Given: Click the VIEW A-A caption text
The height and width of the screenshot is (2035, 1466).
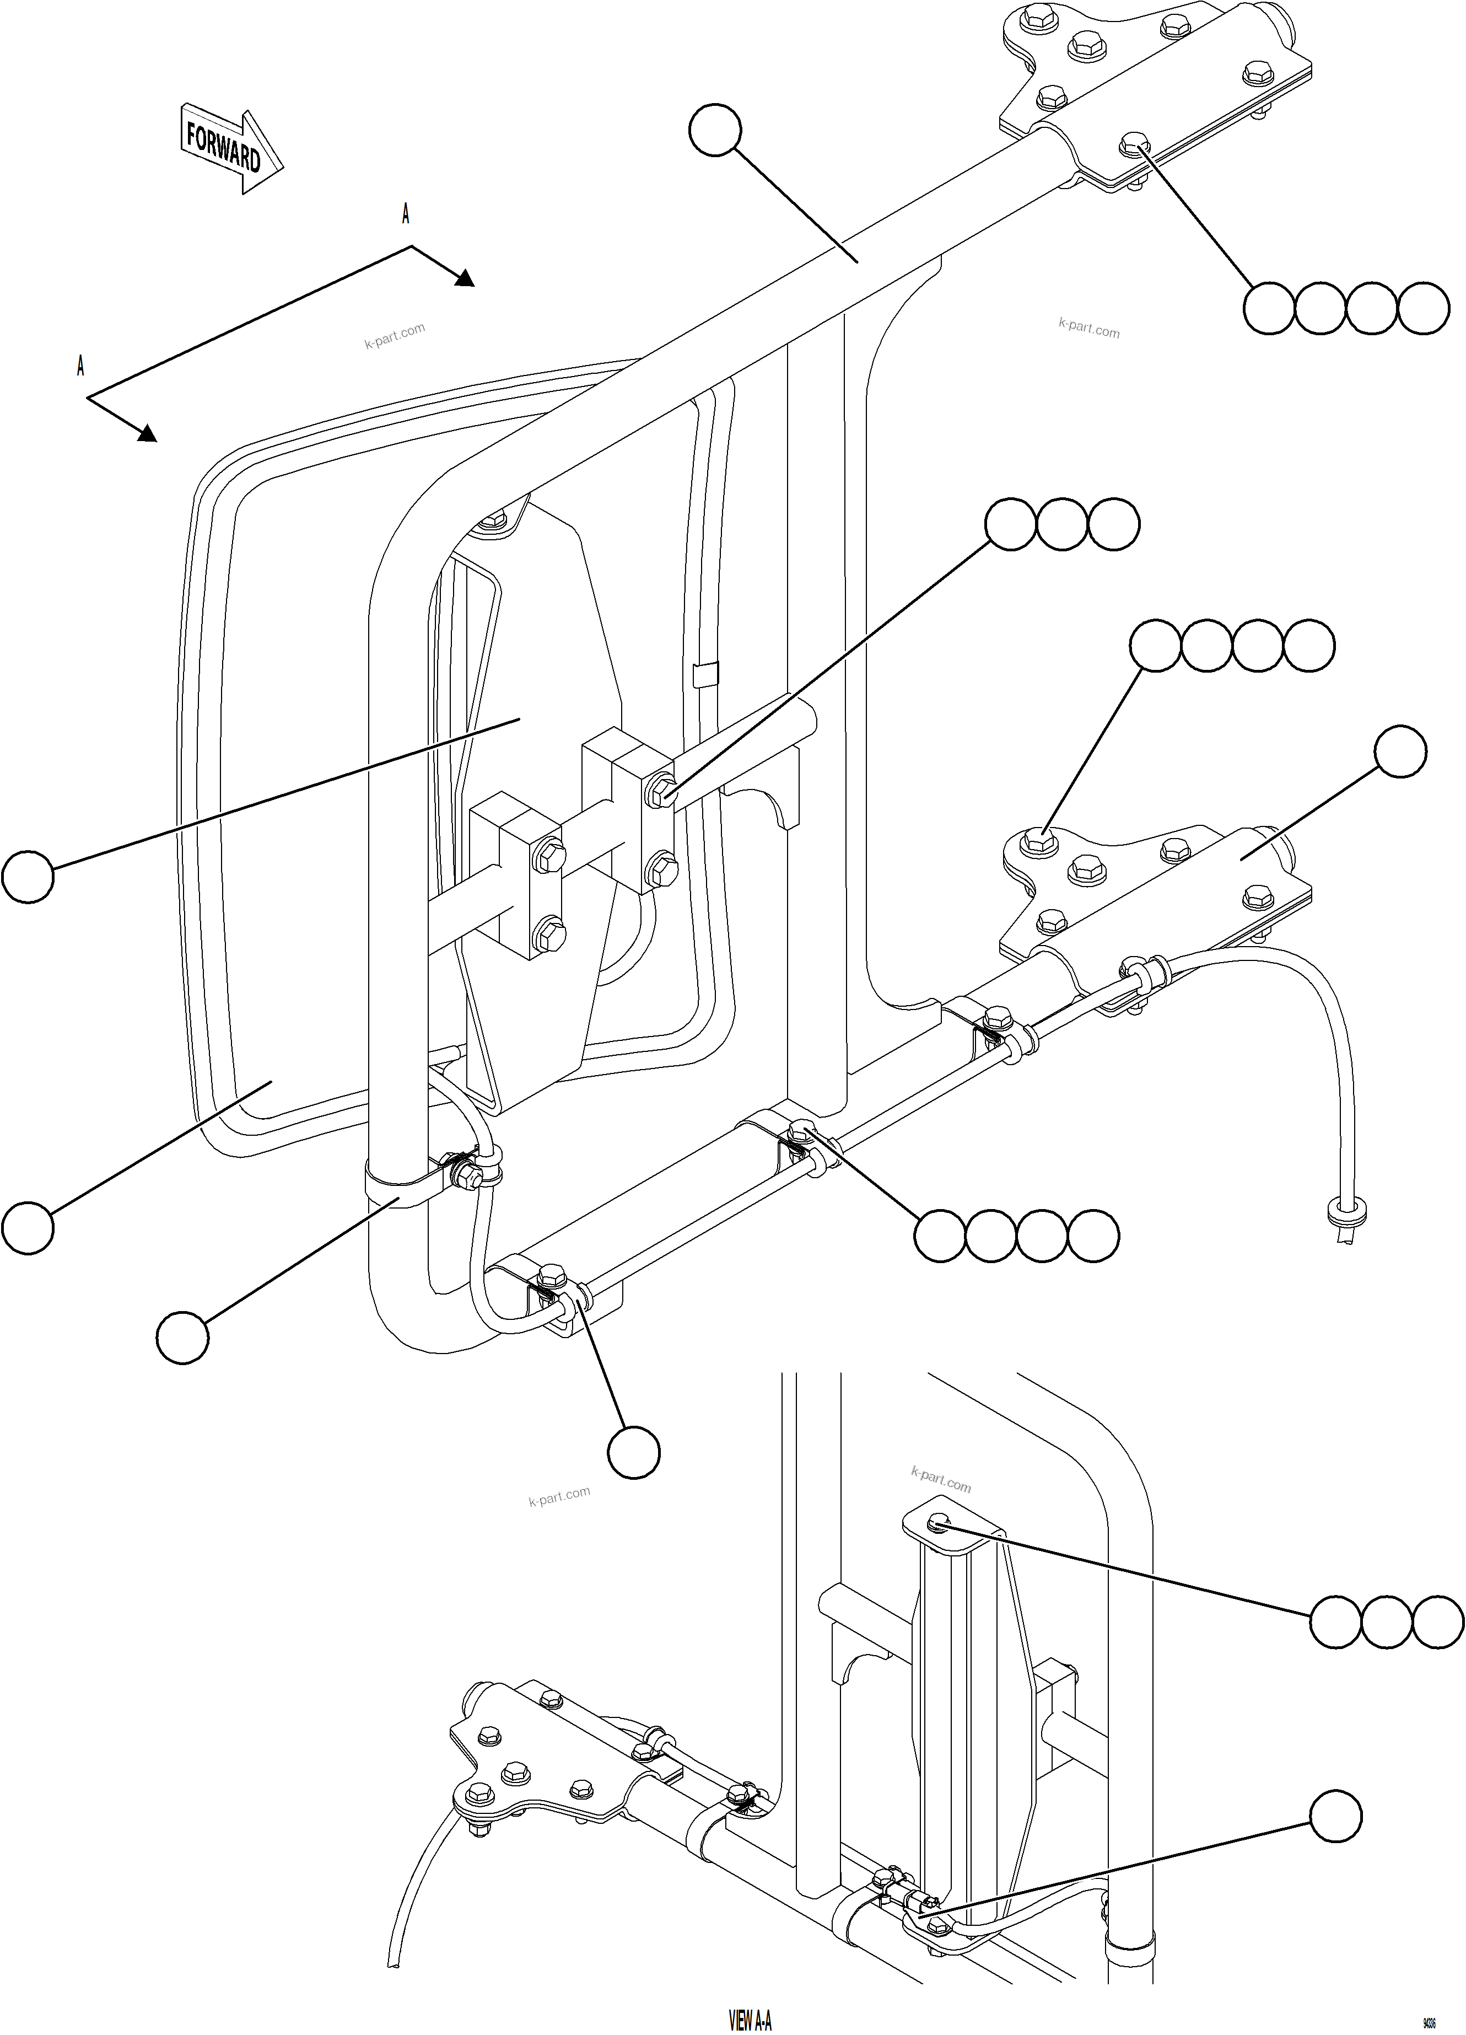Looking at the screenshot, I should tap(750, 2019).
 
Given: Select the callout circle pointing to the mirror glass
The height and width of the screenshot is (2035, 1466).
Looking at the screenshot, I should tap(27, 1227).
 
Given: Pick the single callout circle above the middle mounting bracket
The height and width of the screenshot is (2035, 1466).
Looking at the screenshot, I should tap(1400, 752).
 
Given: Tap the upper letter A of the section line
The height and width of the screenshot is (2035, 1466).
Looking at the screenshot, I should tap(406, 214).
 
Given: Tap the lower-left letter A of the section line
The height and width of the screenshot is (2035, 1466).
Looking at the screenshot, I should tap(81, 366).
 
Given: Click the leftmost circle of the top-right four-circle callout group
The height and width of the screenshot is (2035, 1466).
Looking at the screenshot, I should tap(1269, 309).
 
